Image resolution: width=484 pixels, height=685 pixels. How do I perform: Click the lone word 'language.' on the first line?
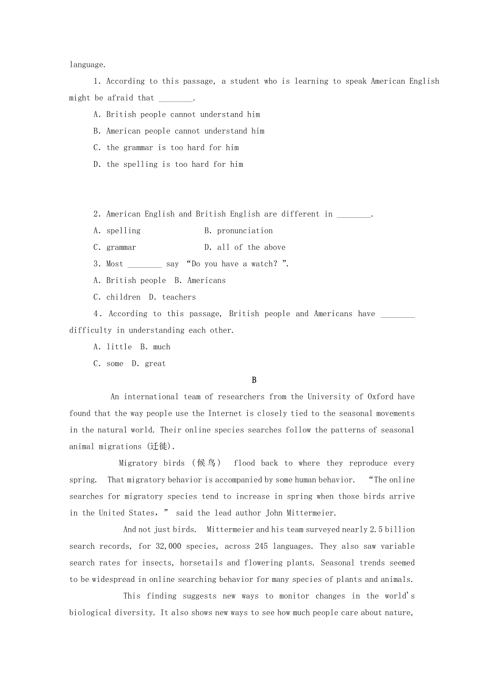point(87,65)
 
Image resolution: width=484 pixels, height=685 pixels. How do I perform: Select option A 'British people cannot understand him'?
point(177,114)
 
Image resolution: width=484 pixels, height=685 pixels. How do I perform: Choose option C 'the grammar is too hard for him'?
point(166,147)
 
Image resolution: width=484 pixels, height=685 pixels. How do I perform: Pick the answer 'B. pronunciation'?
point(239,230)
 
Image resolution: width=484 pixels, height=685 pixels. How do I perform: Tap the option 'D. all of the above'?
point(245,247)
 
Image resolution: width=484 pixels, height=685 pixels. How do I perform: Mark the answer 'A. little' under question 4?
point(113,347)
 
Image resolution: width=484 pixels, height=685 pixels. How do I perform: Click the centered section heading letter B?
point(254,380)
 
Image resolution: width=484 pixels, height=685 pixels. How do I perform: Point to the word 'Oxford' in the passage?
point(380,397)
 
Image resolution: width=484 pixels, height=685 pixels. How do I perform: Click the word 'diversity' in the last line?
point(132,613)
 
